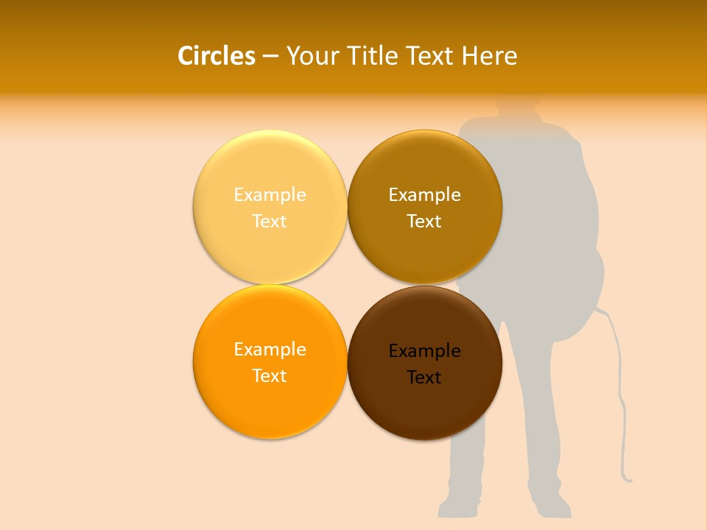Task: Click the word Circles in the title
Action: click(x=216, y=56)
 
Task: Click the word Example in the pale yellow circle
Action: click(x=270, y=195)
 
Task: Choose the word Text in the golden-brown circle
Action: click(x=424, y=222)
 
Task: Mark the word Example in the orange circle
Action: click(x=270, y=350)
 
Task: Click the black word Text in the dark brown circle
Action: click(x=424, y=378)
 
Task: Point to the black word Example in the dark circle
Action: click(x=424, y=351)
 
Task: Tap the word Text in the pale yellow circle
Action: click(x=270, y=222)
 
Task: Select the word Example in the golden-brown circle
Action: click(x=424, y=195)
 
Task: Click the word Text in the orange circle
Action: click(x=270, y=376)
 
